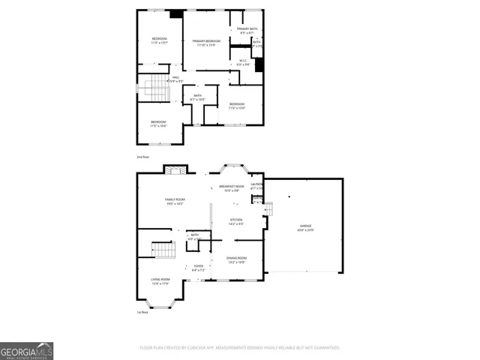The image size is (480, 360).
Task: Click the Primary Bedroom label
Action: [206, 43]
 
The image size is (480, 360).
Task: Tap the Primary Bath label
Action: [248, 31]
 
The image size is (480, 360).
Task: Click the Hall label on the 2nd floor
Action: [175, 79]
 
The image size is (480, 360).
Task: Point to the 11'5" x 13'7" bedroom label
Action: [159, 40]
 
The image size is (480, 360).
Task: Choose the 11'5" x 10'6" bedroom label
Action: [158, 123]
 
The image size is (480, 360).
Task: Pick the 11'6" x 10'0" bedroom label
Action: [236, 105]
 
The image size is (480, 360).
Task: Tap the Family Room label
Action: [175, 201]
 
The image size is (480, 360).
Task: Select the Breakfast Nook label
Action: [229, 188]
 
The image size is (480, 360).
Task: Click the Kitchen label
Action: [236, 221]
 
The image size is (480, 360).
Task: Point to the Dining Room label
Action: [236, 260]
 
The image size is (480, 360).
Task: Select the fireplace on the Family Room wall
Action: [174, 170]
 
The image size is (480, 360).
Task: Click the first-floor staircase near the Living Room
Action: [163, 250]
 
